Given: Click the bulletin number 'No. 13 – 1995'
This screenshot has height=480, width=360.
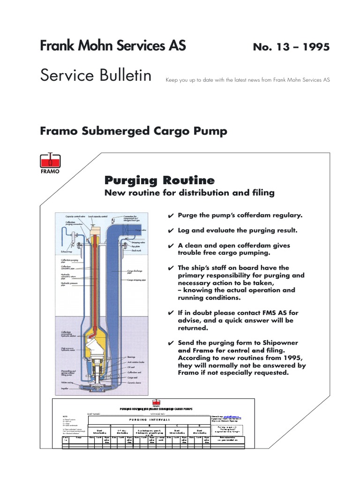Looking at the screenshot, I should point(291,47).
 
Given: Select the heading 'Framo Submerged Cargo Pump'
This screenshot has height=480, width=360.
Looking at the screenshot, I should point(134,131).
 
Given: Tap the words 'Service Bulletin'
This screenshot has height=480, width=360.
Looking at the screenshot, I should point(96,75).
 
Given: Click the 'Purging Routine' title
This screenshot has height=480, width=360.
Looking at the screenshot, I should point(159,180).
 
